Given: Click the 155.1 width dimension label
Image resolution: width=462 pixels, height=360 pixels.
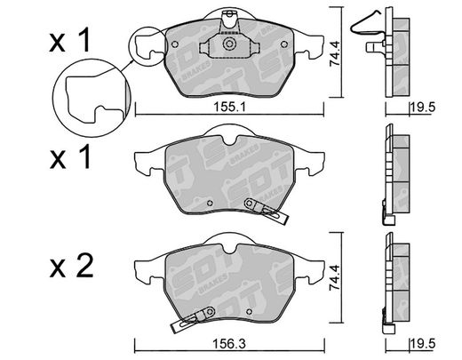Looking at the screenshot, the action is tap(230, 107).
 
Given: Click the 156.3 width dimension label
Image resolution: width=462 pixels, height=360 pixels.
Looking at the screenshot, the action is tap(229, 344).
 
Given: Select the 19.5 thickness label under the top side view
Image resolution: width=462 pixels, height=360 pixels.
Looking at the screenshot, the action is tap(423, 107).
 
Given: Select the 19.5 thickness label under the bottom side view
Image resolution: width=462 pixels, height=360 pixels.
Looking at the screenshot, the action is tap(423, 344).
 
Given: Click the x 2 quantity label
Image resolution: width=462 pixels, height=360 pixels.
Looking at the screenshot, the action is tap(71, 266).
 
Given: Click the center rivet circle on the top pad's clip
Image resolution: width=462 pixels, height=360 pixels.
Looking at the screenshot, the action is tap(229, 44).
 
